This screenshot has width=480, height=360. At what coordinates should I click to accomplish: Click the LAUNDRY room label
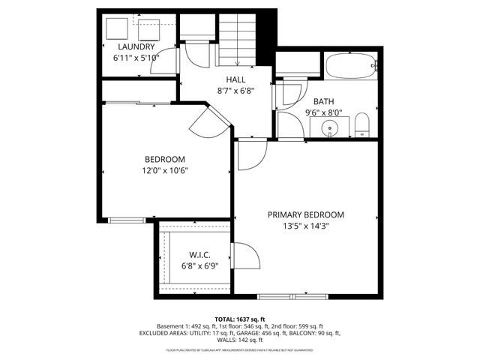coord(136,46)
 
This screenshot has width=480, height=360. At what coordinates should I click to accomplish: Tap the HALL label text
coord(236,79)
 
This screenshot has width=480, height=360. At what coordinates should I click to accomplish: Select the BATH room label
coord(324,102)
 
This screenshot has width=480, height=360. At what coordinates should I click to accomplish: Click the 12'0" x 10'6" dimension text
coord(165,170)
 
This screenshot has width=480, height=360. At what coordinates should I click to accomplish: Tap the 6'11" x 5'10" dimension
coord(136,58)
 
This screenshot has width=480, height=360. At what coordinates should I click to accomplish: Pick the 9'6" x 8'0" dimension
coord(324,113)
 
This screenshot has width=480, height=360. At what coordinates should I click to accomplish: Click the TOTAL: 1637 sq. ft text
coord(239,319)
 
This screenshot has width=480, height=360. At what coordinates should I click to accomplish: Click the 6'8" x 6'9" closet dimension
coord(199,265)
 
